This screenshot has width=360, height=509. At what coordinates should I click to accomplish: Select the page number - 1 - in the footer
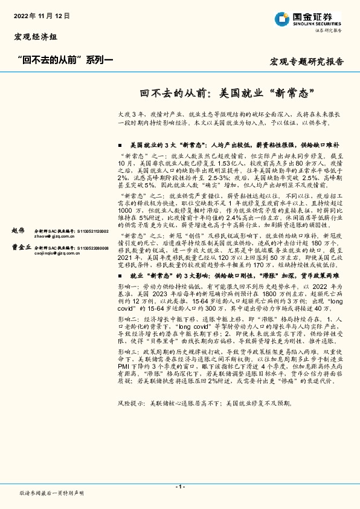[x=180, y=487]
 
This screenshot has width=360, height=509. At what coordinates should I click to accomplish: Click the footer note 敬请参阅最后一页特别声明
[x=52, y=493]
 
